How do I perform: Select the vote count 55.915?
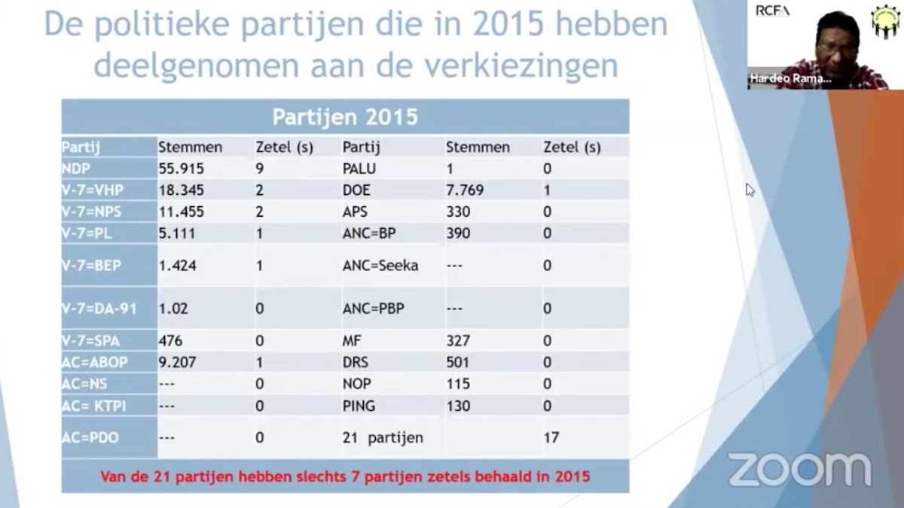coord(181,169)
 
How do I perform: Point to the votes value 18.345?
coord(181,190)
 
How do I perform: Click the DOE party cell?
coord(356,190)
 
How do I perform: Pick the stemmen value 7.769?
coord(465,190)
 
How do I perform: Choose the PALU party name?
coord(359,169)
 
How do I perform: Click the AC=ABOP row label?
coord(95,362)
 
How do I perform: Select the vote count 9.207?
coord(177,362)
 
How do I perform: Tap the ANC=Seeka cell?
coord(380,265)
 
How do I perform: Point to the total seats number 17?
coord(551,437)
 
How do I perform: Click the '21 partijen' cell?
coord(383,437)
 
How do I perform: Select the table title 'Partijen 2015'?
coord(344,117)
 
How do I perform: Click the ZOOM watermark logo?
coord(799,470)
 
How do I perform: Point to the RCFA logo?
coord(772,11)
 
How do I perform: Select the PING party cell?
coord(359,406)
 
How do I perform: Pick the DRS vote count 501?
coord(458,362)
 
